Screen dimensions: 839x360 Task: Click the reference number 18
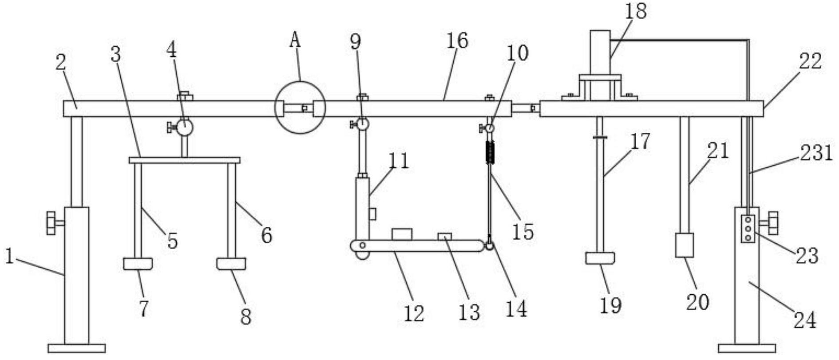point(635,11)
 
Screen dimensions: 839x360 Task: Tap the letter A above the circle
point(295,40)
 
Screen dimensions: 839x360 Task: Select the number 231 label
point(816,153)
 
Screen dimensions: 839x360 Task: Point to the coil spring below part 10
point(490,152)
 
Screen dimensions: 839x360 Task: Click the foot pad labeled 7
point(138,264)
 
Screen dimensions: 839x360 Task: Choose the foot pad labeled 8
point(231,264)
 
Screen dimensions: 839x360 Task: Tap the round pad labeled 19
point(600,258)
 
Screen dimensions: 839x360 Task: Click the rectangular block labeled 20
point(684,245)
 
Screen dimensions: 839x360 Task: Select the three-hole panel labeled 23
point(748,229)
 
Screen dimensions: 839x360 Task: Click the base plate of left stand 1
point(76,348)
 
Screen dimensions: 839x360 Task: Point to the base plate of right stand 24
point(747,348)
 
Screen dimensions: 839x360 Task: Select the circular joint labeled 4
point(184,127)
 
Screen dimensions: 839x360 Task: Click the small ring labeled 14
point(489,245)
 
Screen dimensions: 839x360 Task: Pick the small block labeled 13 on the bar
point(444,237)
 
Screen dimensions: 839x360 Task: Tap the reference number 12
point(414,313)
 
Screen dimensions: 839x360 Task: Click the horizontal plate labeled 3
point(184,160)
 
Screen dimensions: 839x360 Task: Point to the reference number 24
point(804,320)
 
